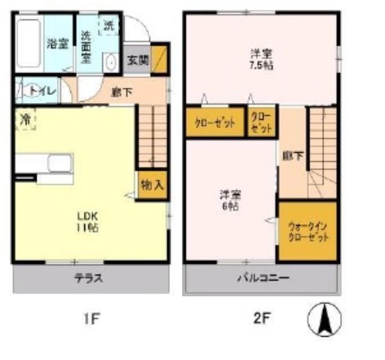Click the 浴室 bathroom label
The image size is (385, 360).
(x=58, y=43)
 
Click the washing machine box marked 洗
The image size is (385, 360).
(x=108, y=25)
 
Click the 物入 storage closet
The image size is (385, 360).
(x=152, y=185)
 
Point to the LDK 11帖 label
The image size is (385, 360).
(x=87, y=221)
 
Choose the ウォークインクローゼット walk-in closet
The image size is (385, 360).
(x=307, y=232)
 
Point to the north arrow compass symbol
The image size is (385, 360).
(x=324, y=319)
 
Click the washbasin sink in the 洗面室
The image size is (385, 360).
(x=110, y=63)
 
